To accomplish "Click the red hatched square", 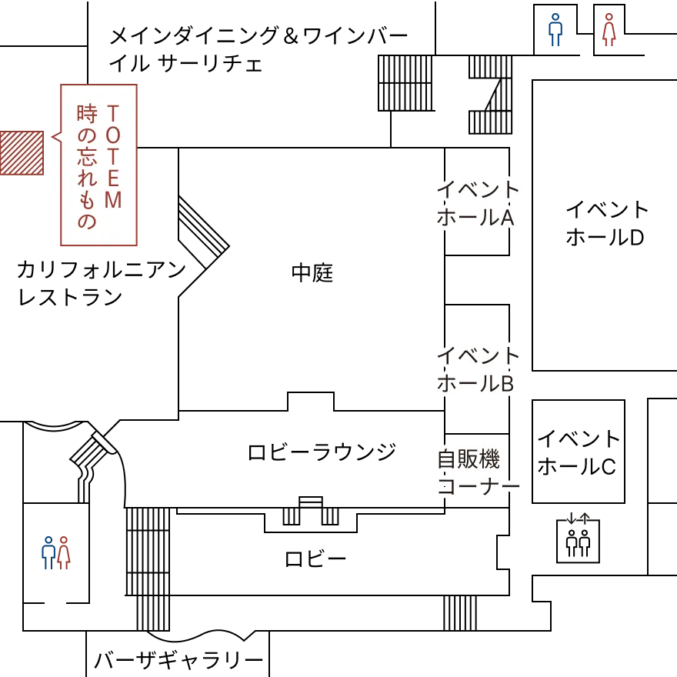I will (x=22, y=153).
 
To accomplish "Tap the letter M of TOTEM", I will (x=112, y=201).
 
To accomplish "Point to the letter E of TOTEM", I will (x=112, y=179).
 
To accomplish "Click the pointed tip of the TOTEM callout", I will (x=52, y=138).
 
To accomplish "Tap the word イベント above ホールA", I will (x=479, y=188).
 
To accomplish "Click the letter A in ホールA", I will (x=507, y=218).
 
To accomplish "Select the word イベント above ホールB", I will (x=479, y=355).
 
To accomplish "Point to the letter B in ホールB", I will (x=507, y=383).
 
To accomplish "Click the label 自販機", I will (x=468, y=459).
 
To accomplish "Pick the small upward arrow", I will (x=585, y=520).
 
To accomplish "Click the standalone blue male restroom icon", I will (x=555, y=30).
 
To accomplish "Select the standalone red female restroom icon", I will (x=609, y=30).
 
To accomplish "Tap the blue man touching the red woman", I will (x=48, y=552).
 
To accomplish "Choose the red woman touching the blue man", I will (x=63, y=552).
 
